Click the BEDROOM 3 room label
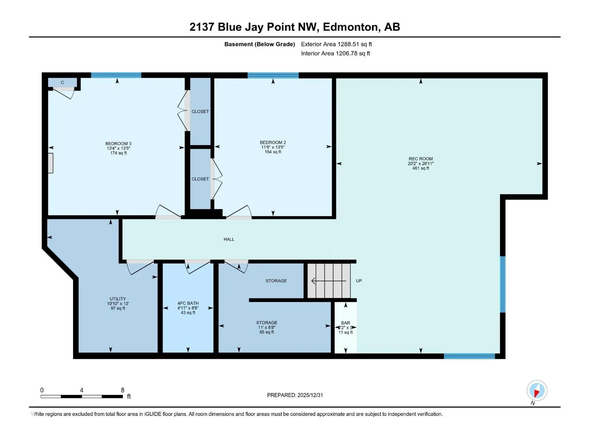point(118,144)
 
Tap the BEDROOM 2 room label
point(273,142)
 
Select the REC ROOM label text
point(421,159)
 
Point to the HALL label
point(229,239)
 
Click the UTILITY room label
point(118,299)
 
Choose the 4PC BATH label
point(188,303)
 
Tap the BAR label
point(346,323)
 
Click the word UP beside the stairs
point(359,281)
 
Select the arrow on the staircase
point(329,281)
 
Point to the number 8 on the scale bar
point(122,390)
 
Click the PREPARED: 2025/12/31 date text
point(295,395)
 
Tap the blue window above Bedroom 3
point(116,75)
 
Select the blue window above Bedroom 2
point(273,75)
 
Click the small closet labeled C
point(62,82)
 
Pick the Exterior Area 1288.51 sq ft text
point(336,44)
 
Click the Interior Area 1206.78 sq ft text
point(336,53)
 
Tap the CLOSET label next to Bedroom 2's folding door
point(200,179)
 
